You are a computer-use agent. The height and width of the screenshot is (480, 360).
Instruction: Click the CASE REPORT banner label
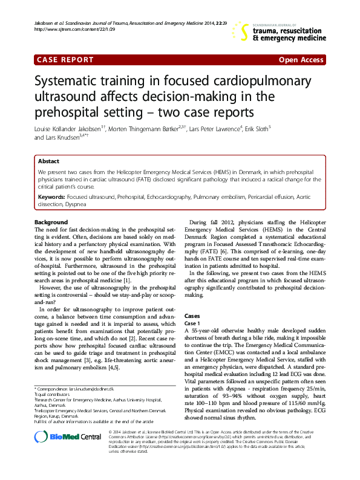(65, 60)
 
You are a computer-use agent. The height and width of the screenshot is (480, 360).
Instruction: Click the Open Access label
(301, 60)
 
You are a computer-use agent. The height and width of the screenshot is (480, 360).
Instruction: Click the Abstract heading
(48, 161)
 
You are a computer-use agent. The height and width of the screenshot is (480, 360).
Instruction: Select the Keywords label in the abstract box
(51, 197)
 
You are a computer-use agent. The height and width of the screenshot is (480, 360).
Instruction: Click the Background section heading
(51, 222)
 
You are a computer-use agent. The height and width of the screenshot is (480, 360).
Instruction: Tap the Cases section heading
(192, 316)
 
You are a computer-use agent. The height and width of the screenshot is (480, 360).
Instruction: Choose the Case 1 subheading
(192, 323)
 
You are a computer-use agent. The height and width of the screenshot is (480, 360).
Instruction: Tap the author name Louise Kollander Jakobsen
(69, 128)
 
